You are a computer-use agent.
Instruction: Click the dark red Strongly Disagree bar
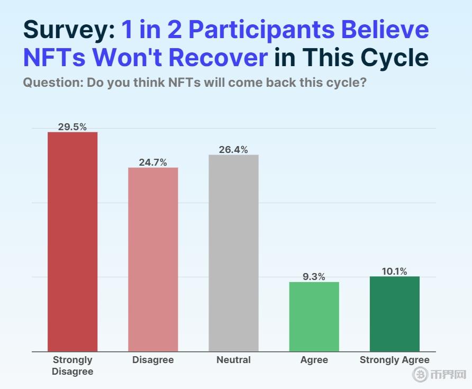click(x=72, y=241)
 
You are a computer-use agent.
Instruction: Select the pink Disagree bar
click(x=153, y=259)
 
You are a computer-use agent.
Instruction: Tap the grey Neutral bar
click(x=233, y=253)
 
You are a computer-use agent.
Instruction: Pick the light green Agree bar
click(x=314, y=316)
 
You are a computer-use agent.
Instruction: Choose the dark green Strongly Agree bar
click(x=394, y=314)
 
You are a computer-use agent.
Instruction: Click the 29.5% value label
click(x=72, y=126)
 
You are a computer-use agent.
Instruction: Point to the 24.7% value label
click(x=153, y=162)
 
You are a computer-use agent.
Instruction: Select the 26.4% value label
click(x=233, y=150)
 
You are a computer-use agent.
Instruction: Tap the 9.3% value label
click(x=314, y=277)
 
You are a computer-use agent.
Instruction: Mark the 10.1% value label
click(x=394, y=272)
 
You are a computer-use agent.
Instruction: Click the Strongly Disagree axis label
click(x=72, y=366)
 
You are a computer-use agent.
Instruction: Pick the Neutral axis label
click(x=233, y=360)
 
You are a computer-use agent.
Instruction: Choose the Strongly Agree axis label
click(x=394, y=360)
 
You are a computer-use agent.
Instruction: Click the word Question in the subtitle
click(x=52, y=83)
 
